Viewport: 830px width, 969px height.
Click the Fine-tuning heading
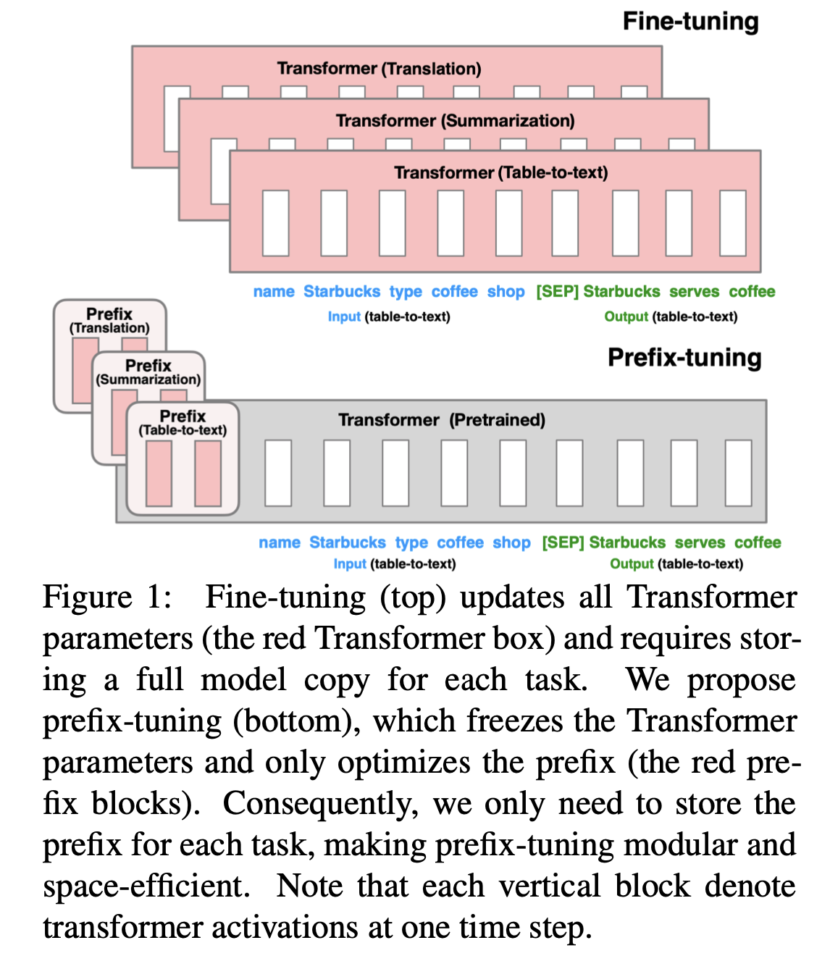coord(690,22)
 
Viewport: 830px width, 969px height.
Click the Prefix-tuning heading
coord(684,358)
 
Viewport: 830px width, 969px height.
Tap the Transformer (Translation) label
coord(379,69)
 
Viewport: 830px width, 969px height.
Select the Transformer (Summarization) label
coord(455,121)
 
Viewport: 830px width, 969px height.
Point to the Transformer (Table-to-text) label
coord(500,173)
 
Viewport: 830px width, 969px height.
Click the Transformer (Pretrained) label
coord(442,420)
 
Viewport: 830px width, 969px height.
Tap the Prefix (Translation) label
coord(109,320)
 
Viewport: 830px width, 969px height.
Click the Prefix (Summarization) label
coord(148,372)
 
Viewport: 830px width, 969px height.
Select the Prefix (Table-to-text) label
coord(183,422)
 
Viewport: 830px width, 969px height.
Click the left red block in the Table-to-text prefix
coord(159,474)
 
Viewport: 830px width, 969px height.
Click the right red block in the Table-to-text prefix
coord(208,474)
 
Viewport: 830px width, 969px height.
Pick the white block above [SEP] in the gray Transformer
coord(569,473)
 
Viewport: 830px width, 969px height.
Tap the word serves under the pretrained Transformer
coord(700,542)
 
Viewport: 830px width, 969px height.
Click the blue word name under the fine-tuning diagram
coord(274,292)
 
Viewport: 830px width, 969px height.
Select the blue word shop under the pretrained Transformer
coord(511,542)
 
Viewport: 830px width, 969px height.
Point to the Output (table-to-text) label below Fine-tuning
coord(671,316)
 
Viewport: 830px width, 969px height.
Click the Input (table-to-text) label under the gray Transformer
coord(395,564)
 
